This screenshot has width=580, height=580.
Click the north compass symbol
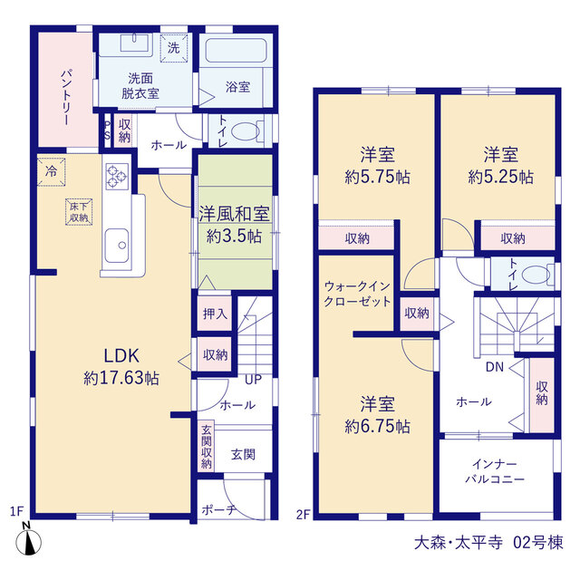[x=28, y=542]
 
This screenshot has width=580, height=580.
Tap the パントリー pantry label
[x=66, y=97]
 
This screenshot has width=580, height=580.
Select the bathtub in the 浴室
[x=236, y=51]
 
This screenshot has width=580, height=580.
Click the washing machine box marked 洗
[x=174, y=48]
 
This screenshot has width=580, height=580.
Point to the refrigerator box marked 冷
[x=52, y=171]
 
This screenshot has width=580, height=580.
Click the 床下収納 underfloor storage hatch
[x=79, y=212]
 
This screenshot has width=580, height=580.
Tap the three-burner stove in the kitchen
[x=117, y=177]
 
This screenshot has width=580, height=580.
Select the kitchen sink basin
[x=117, y=246]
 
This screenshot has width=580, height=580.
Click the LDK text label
[x=121, y=355]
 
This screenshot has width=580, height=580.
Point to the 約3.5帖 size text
[x=234, y=236]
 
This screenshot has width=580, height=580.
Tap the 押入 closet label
[x=215, y=314]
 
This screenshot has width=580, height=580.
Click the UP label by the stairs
[x=254, y=380]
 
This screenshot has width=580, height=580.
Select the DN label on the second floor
[x=495, y=367]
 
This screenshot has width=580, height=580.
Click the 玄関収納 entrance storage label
[x=207, y=447]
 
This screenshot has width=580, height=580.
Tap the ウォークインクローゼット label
[x=357, y=294]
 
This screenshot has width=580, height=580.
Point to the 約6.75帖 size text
[x=377, y=427]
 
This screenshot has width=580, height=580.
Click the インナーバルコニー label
[x=495, y=471]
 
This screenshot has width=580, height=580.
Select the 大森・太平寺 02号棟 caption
[x=488, y=543]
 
